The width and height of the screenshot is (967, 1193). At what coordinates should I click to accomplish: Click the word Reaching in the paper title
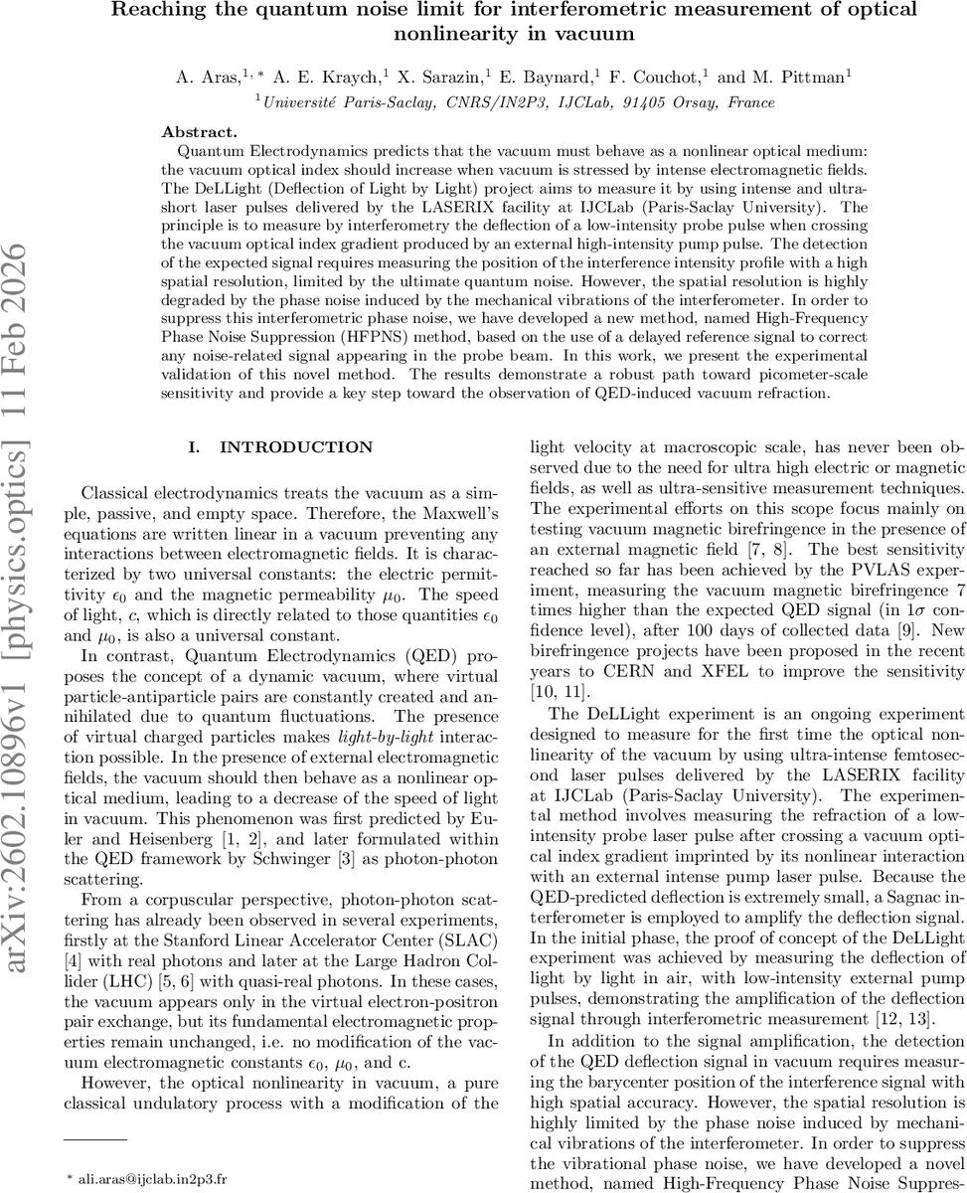pos(158,11)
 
